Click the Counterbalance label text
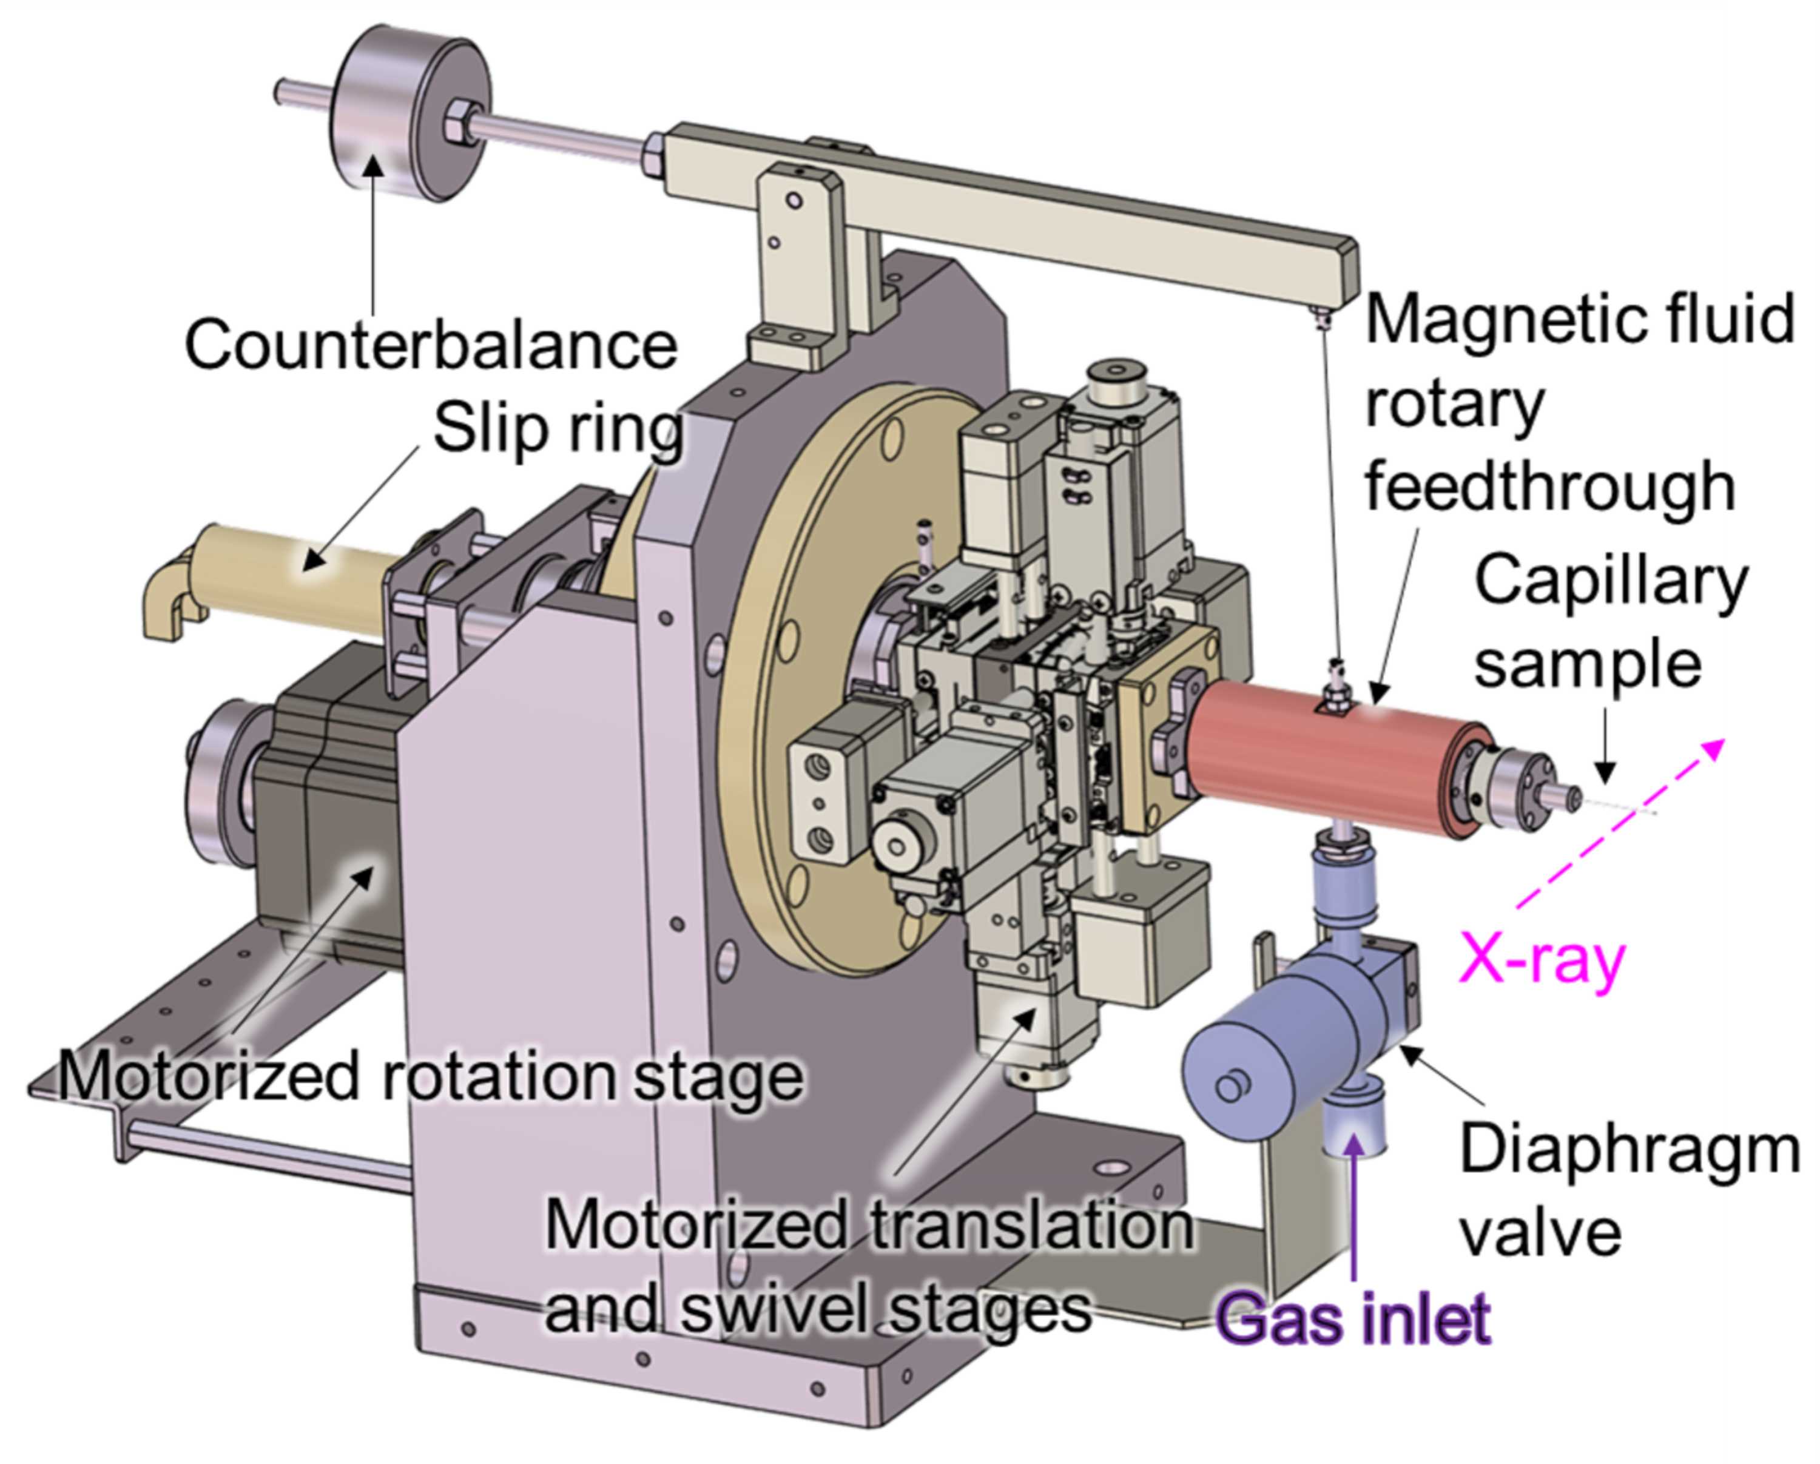pyautogui.click(x=431, y=345)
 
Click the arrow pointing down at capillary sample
pyautogui.click(x=1606, y=750)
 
